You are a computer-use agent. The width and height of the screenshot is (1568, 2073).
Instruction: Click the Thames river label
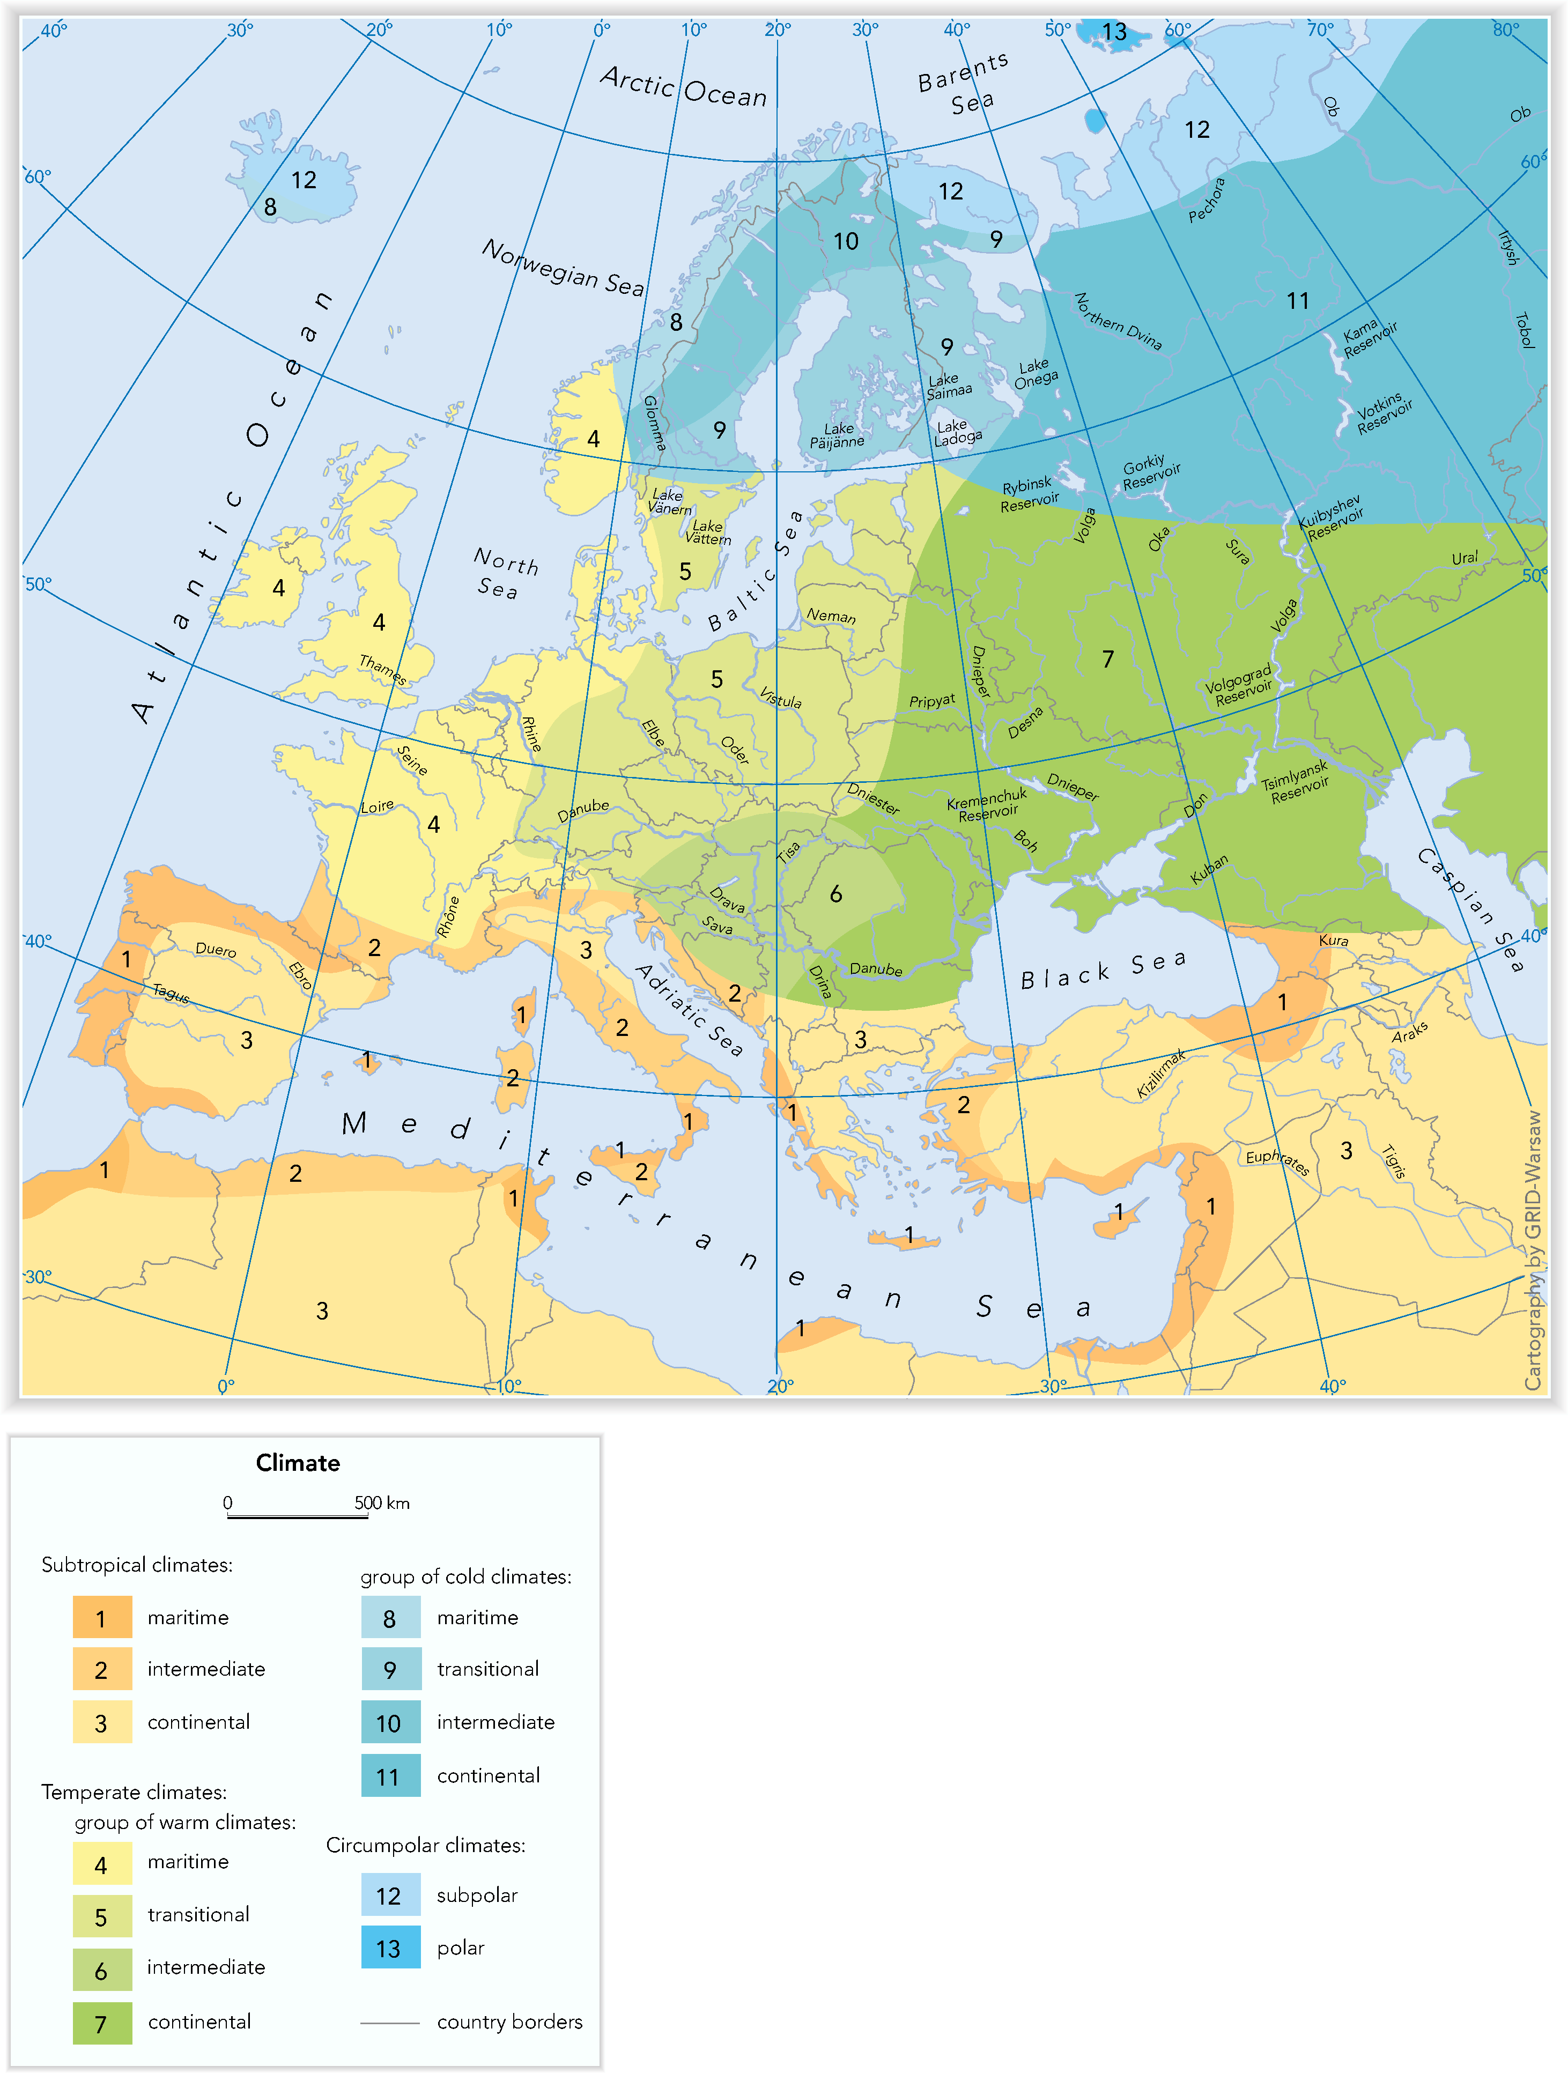pos(382,669)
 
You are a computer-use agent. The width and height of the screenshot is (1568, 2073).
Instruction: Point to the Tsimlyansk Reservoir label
pos(1296,782)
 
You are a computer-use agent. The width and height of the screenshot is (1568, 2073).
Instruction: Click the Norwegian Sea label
pos(563,267)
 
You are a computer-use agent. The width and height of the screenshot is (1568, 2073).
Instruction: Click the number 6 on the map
pos(835,894)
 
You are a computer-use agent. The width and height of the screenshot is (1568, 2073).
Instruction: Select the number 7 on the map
pos(1108,660)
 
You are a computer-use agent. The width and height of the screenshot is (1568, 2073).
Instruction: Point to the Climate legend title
pos(298,1463)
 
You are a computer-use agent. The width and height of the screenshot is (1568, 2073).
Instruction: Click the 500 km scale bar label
pos(381,1503)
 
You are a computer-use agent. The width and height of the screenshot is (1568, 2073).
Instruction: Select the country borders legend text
pos(509,2022)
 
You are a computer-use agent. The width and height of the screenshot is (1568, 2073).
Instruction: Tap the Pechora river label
pos(1207,199)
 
